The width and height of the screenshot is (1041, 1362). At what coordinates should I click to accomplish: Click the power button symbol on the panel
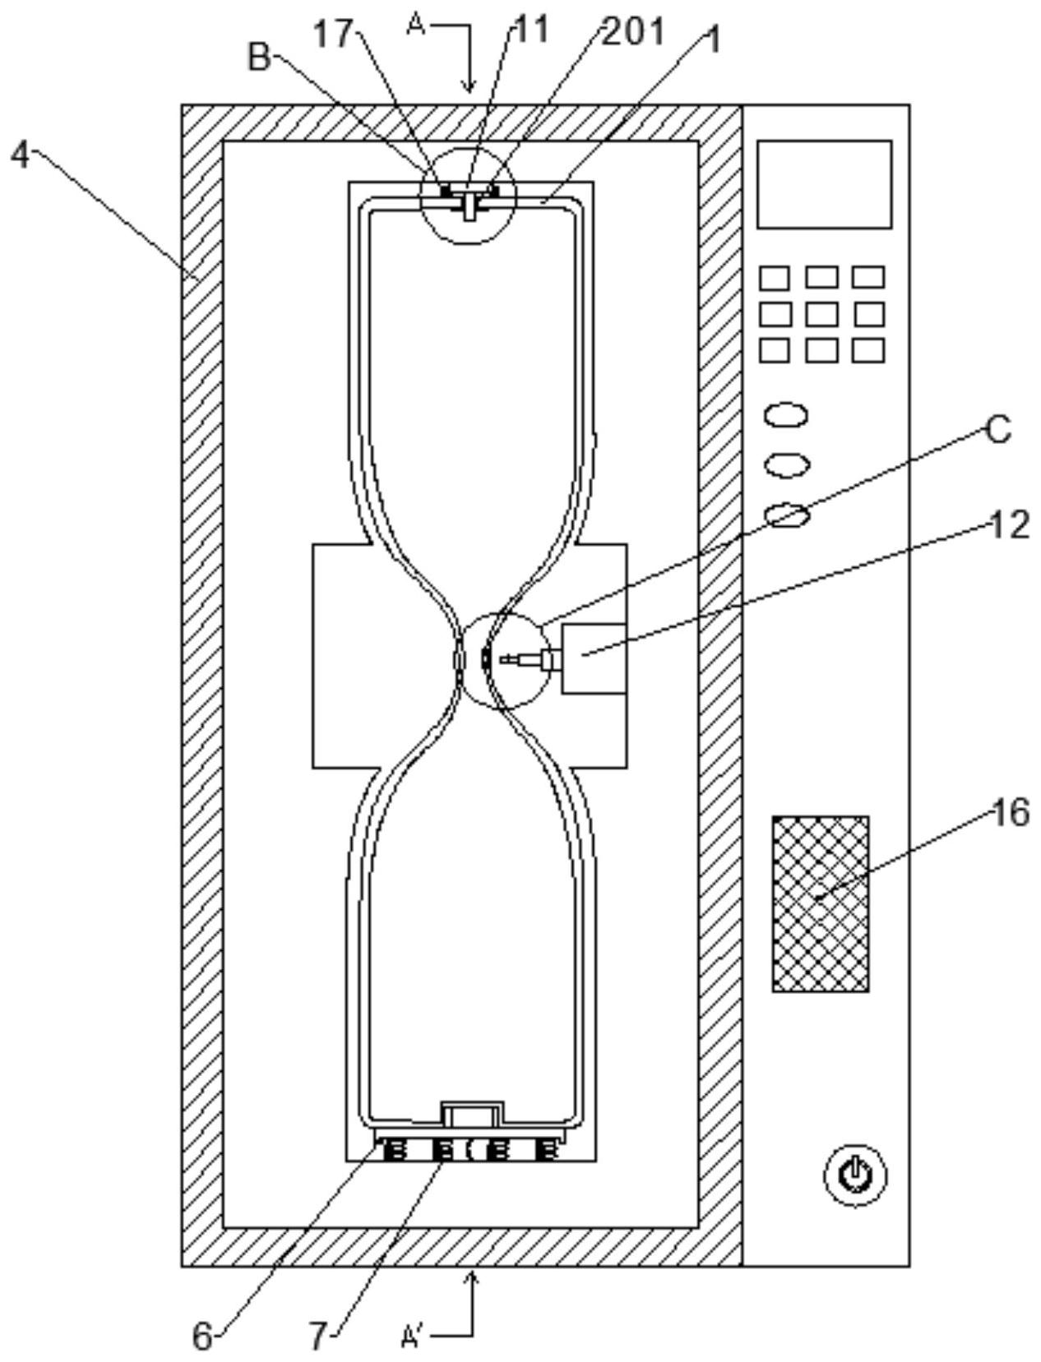click(x=855, y=1175)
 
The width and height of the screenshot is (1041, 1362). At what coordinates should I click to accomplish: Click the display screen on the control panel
click(x=825, y=184)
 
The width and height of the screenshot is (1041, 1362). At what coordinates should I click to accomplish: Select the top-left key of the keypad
click(x=775, y=278)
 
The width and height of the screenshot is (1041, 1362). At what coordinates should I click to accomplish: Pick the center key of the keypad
click(x=822, y=314)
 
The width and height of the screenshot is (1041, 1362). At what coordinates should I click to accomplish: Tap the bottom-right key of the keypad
click(x=867, y=351)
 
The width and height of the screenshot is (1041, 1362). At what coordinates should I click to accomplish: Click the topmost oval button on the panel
click(x=786, y=415)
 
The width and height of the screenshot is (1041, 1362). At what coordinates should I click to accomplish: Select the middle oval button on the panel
click(x=787, y=464)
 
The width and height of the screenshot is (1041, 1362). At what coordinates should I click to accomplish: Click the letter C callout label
click(x=999, y=430)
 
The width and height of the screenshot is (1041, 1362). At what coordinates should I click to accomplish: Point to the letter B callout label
click(x=260, y=58)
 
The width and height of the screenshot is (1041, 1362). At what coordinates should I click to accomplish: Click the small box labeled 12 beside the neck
click(x=594, y=659)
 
